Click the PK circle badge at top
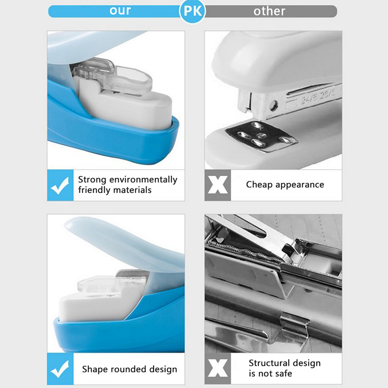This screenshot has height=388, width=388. coord(192,11)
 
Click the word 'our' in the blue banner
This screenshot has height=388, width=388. coord(120,11)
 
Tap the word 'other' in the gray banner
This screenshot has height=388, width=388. coord(269,11)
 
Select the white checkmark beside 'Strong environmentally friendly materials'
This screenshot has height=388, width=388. coord(60,186)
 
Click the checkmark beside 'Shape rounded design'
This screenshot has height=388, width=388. coord(60,369)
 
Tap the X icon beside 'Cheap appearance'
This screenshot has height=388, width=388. coord(217,185)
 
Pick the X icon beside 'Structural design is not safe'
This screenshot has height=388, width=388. coord(217,368)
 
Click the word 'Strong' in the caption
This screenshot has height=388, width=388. coord(92,180)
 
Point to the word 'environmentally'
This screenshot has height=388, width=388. coord(143,180)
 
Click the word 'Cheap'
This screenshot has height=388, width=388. coord(259,185)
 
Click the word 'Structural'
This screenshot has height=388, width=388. coord(269,363)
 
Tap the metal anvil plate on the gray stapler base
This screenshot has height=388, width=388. coord(260,136)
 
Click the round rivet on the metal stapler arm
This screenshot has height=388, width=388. coord(274,106)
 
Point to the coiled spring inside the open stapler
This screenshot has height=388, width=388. coord(247,252)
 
